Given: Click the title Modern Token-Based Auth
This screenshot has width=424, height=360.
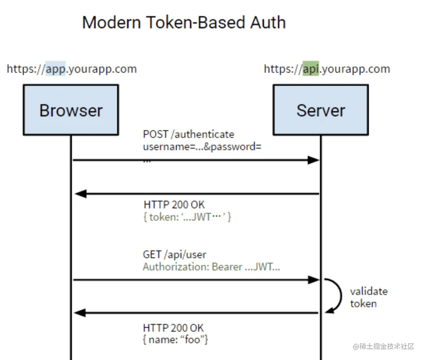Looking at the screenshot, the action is [x=184, y=22].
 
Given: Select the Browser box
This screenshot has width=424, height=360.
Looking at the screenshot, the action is [x=71, y=110].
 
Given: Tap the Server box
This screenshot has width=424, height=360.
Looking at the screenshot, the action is [x=321, y=110].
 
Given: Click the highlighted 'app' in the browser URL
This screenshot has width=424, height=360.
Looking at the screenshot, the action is [x=55, y=69].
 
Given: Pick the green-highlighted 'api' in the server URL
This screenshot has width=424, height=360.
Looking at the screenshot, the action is [x=311, y=69].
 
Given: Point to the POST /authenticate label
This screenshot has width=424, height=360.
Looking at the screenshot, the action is [x=189, y=134].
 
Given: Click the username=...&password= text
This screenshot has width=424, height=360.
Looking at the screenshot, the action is [x=202, y=147].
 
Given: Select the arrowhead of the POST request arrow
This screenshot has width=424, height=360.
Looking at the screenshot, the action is [x=313, y=160].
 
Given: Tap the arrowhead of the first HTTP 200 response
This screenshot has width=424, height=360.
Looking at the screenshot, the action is [x=81, y=194].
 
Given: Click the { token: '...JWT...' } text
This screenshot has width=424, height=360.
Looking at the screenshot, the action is [x=187, y=217].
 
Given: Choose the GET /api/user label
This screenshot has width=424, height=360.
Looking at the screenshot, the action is [x=174, y=254].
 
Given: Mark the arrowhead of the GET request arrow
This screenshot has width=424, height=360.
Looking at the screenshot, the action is [x=314, y=280].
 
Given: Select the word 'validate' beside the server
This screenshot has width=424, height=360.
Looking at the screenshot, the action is [x=369, y=291].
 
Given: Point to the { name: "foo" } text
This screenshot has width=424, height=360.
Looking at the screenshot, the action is [x=175, y=339].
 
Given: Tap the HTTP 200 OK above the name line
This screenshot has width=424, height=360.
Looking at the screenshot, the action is [x=173, y=328].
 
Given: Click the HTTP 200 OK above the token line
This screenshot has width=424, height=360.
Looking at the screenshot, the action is [x=174, y=205].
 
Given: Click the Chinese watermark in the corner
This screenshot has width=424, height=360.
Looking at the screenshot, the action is [x=383, y=346].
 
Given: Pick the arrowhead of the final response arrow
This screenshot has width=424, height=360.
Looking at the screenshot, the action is [x=80, y=313].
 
